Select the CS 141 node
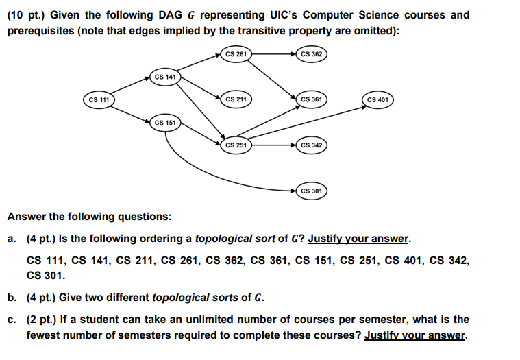(165, 77)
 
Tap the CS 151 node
(165, 123)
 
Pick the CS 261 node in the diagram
(236, 53)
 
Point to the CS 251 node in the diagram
(236, 145)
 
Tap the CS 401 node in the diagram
(378, 100)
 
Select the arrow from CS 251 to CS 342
(273, 145)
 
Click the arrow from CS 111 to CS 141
(132, 88)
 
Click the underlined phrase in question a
(359, 239)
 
